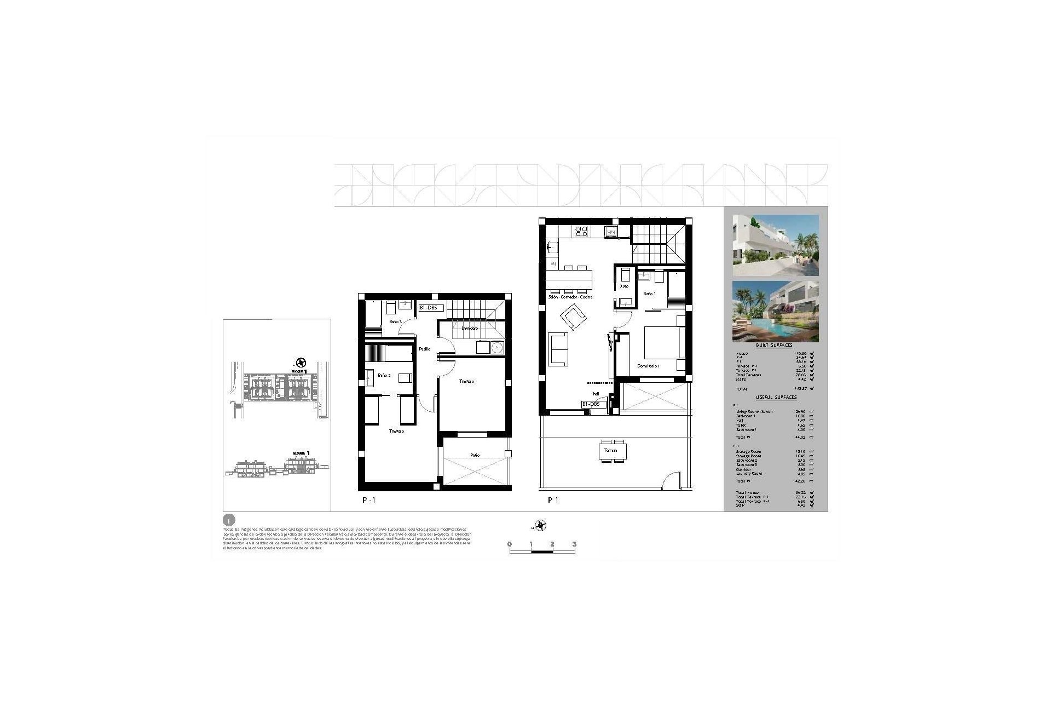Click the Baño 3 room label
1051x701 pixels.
[x=395, y=321]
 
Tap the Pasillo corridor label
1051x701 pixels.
[x=425, y=349]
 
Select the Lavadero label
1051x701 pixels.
[x=470, y=328]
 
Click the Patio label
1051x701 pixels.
[x=475, y=455]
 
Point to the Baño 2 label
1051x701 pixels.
[x=384, y=375]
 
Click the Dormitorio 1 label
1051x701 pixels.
[x=648, y=366]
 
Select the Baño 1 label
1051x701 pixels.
[x=649, y=294]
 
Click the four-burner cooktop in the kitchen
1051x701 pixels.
[x=581, y=231]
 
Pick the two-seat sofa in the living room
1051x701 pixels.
[x=558, y=348]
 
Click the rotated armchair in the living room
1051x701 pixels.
[x=572, y=318]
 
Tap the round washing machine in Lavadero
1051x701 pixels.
[x=497, y=347]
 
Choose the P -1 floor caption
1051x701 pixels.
[x=369, y=500]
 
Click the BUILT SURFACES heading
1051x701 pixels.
[x=774, y=346]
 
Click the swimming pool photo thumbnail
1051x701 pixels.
[x=776, y=312]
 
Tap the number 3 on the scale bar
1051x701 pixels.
[x=574, y=544]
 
